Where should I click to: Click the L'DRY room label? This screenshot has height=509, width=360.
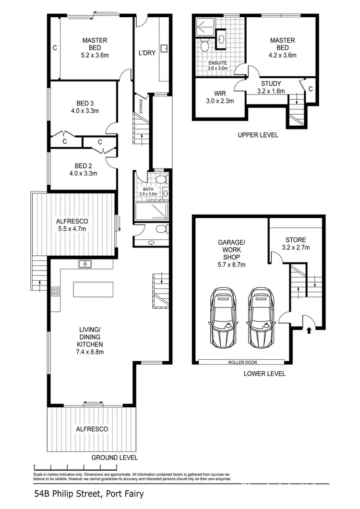[147, 53]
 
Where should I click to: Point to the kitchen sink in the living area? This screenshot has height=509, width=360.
[85, 263]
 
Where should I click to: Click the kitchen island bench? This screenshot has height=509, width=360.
[93, 289]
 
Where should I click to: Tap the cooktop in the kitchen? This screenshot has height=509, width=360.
[55, 290]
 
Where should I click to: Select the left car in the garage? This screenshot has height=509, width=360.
[223, 319]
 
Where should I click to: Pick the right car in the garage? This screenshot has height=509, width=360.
[260, 319]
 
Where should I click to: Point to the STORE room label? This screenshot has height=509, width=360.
[295, 240]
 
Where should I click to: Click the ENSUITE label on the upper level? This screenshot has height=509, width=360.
[217, 63]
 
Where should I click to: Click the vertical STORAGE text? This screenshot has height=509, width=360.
[141, 105]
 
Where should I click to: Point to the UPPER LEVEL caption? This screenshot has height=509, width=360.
[258, 135]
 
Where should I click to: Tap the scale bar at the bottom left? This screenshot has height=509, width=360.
[75, 466]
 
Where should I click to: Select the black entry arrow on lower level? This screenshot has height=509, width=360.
[308, 330]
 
